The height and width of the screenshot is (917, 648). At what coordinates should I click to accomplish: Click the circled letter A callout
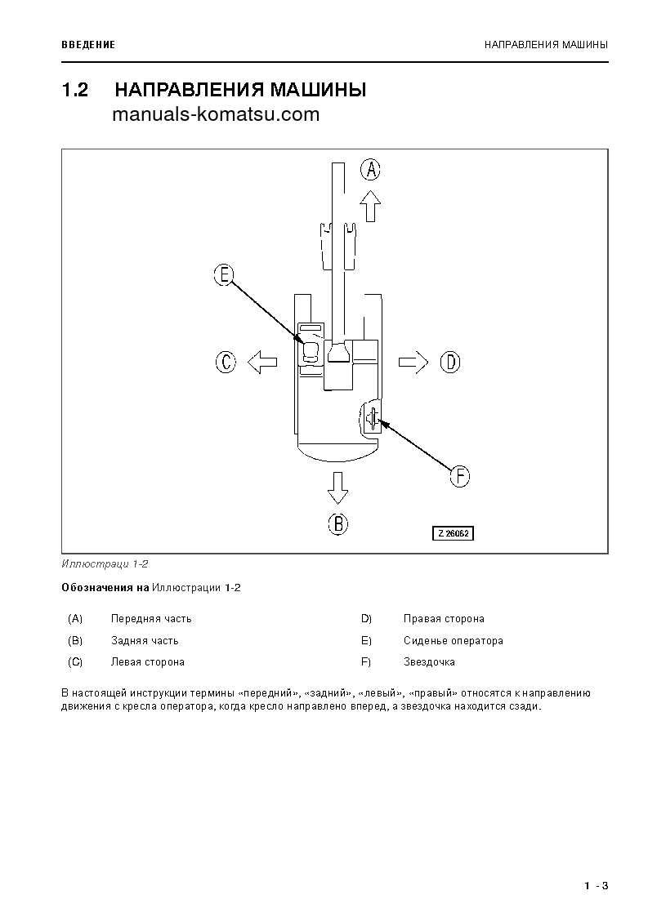pos(371,170)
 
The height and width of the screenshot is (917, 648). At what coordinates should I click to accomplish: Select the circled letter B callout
pos(338,523)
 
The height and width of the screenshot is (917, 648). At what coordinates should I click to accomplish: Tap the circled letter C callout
pos(226,362)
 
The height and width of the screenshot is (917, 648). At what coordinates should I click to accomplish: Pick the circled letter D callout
pos(450,362)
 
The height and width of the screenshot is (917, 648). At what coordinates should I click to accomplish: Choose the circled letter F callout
pos(460,476)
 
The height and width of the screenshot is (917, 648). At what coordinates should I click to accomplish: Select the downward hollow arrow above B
pos(337,487)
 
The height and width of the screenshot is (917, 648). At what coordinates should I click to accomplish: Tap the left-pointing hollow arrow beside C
pos(261,362)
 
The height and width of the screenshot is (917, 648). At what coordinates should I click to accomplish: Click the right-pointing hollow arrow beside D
pos(413,362)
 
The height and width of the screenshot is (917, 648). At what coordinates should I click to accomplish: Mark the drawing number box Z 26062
pos(454,533)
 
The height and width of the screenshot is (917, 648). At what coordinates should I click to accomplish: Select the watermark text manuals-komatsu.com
pos(216,115)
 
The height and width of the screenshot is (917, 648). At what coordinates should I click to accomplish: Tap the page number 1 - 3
pos(597,886)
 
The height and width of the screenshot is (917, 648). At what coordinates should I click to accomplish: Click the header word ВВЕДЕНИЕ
pos(88,44)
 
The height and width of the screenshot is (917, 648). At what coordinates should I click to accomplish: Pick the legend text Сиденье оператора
pos(453,641)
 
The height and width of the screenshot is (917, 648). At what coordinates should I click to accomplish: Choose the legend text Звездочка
pos(429,662)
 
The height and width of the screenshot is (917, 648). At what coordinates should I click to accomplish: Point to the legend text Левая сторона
pos(147,662)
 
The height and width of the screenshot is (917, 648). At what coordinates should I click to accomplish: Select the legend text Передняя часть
pos(151,619)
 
